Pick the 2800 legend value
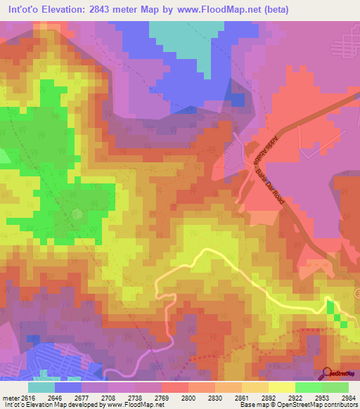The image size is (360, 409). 188,397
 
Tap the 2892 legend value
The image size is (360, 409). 269,397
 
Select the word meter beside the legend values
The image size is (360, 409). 10,397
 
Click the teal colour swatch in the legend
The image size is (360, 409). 41,387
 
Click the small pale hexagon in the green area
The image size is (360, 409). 77,214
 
